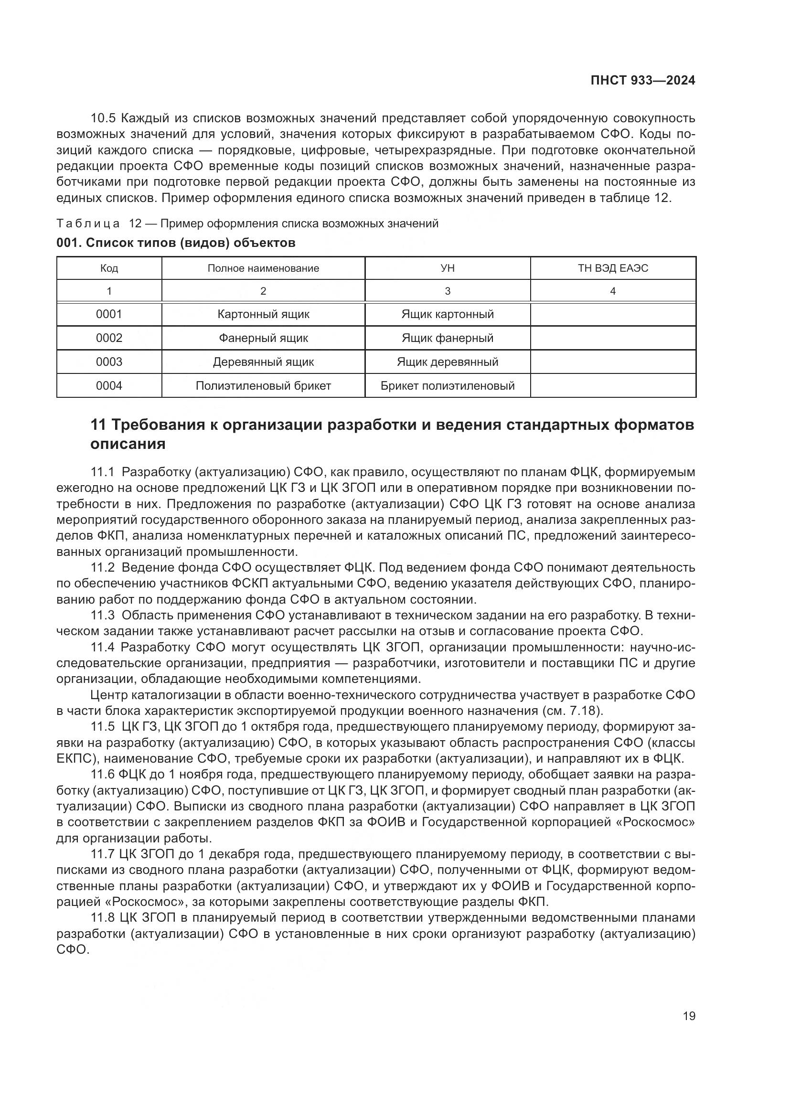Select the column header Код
coord(109,268)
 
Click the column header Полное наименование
coord(263,268)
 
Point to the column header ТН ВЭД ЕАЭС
coord(612,268)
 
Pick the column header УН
coord(447,268)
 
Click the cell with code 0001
coord(109,314)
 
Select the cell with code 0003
coord(109,362)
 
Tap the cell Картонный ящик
coord(263,314)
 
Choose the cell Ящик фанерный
coord(447,338)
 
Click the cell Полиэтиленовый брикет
coord(263,386)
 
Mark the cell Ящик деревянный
coord(447,362)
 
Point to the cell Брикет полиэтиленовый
coord(447,386)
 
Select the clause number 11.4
coord(103,647)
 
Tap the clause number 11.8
coord(103,917)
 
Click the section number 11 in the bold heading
coord(98,425)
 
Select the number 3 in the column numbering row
coord(447,291)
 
